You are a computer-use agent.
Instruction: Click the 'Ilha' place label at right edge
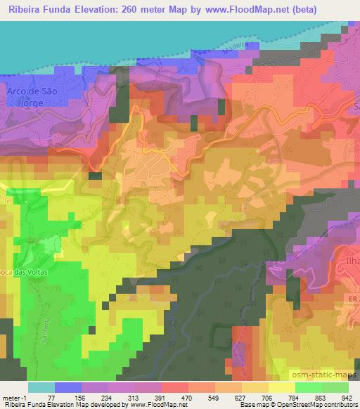(x=351, y=266)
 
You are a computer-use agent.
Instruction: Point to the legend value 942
(x=346, y=398)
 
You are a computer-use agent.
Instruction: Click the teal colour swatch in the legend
(x=41, y=387)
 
